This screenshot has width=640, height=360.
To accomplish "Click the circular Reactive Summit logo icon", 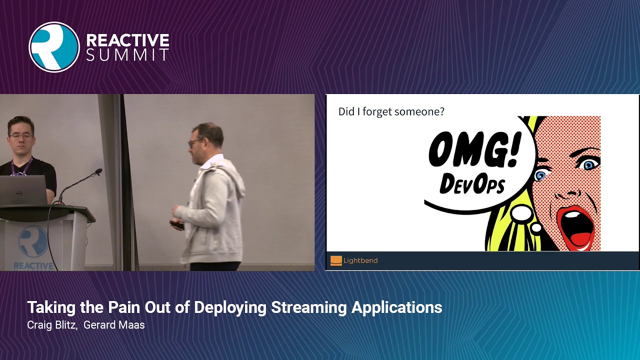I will [54, 47].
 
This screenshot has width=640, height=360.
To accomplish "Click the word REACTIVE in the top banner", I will [127, 40].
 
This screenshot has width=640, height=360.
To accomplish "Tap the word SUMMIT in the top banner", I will [127, 55].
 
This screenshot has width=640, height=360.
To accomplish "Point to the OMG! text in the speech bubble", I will [474, 151].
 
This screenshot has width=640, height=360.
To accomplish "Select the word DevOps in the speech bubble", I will [472, 183].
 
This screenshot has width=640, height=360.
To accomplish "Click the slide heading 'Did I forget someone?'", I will [391, 111].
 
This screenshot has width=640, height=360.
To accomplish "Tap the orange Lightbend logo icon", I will [336, 260].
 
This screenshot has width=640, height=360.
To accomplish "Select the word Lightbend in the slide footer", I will [360, 260].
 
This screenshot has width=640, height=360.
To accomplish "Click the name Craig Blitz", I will [51, 325].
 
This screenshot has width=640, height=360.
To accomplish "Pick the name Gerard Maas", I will [114, 325].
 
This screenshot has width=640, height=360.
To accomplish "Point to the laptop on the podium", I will [22, 190].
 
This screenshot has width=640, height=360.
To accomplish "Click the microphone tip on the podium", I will [99, 171].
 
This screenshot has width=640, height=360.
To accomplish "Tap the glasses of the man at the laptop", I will [21, 135].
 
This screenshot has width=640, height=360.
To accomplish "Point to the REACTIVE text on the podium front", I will [33, 265].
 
